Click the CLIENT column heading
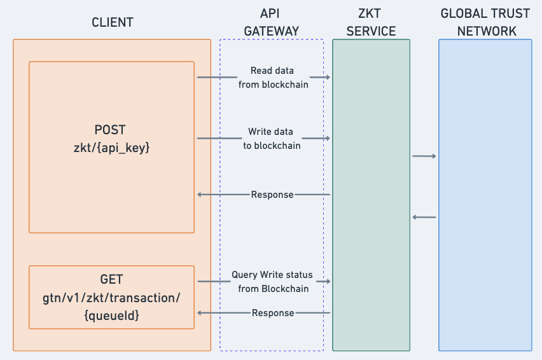tap(112, 22)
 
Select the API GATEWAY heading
tap(271, 22)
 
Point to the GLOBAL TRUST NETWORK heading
tap(485, 22)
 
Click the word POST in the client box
tap(111, 130)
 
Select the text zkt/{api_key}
tap(111, 148)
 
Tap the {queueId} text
tap(111, 314)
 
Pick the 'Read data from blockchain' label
tap(272, 78)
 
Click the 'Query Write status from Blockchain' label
tap(272, 282)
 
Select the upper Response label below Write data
tap(272, 195)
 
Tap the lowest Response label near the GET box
tap(273, 313)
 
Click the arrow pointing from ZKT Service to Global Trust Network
tap(424, 156)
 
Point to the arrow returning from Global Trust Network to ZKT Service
tap(424, 218)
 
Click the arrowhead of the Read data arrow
tap(328, 78)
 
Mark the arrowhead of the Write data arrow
tap(328, 138)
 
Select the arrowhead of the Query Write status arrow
tap(328, 281)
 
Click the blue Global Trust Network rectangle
tap(485, 254)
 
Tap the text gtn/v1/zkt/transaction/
tap(111, 296)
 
